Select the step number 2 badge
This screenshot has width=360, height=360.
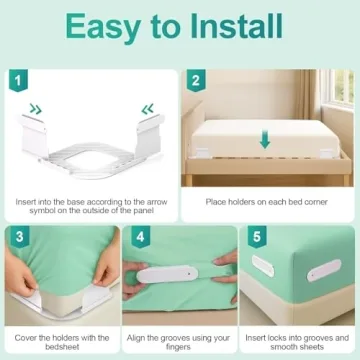coord(196,79)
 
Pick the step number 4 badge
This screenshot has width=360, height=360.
coord(140,240)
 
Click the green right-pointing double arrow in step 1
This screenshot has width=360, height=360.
coord(36,110)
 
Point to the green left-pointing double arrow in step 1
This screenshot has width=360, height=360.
coord(147,110)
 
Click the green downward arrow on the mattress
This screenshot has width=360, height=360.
coord(264,140)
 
